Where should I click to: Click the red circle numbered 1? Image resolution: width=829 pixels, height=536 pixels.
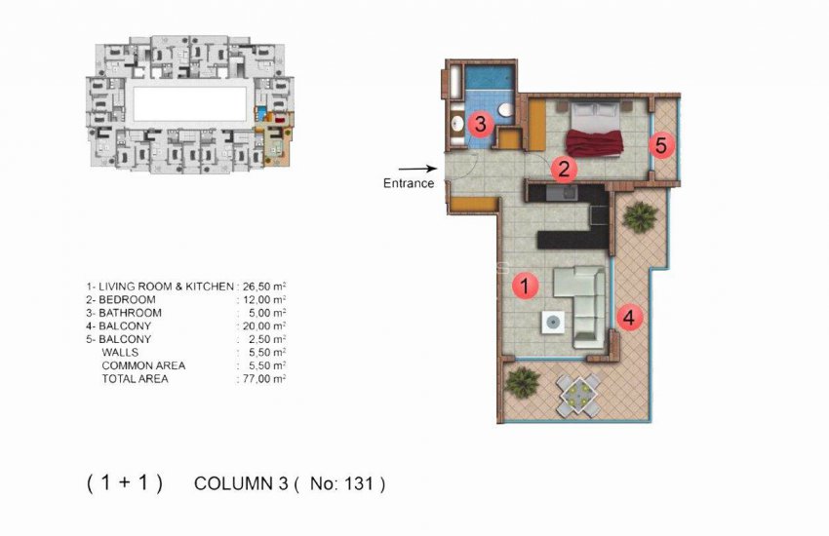click(525, 286)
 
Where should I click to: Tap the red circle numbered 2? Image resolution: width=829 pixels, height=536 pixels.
click(563, 168)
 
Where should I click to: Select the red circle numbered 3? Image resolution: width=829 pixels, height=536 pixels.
click(478, 124)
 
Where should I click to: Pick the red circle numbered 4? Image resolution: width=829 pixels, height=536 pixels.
click(630, 317)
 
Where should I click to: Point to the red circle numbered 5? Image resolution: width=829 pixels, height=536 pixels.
click(661, 146)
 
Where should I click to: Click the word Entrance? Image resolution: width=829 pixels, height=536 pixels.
click(409, 183)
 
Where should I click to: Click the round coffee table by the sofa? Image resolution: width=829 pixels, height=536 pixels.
click(553, 321)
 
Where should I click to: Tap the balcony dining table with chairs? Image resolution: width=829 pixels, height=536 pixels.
click(577, 393)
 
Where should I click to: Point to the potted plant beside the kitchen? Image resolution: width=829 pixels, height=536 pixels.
click(638, 217)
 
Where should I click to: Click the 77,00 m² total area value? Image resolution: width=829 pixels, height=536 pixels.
click(263, 379)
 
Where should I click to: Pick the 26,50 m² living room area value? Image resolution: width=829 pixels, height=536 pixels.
click(263, 287)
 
